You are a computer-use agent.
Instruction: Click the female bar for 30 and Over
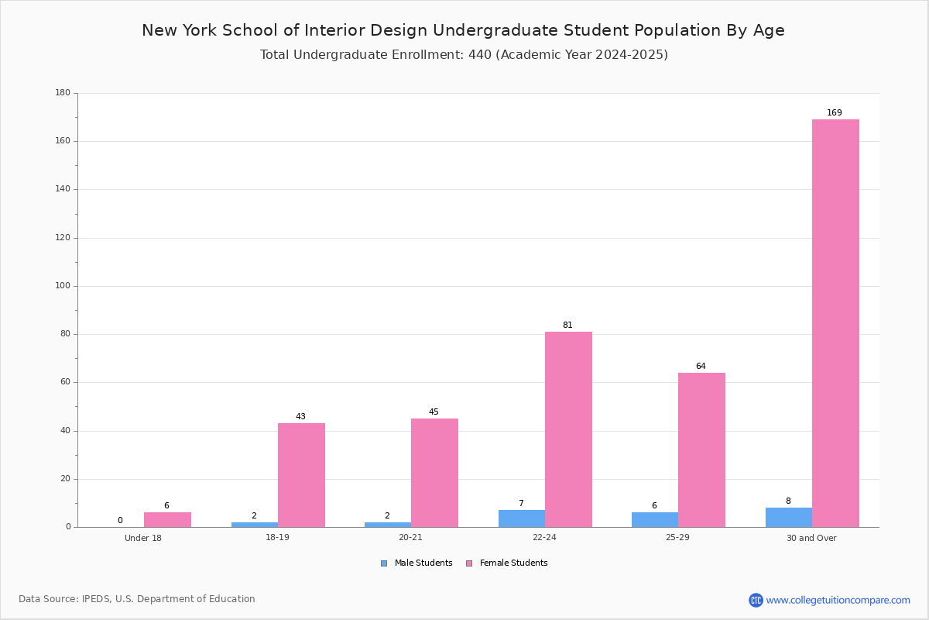(835, 323)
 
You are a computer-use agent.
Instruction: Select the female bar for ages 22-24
(568, 429)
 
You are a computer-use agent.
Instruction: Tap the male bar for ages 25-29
(655, 519)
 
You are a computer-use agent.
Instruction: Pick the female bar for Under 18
(167, 519)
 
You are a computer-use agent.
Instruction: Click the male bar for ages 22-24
(522, 518)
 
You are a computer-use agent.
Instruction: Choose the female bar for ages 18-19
(301, 475)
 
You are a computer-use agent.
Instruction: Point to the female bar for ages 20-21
(434, 473)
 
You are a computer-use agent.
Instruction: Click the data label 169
(835, 112)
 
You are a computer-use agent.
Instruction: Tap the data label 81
(567, 325)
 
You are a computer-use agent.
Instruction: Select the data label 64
(701, 366)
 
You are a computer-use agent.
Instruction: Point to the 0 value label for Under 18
(120, 520)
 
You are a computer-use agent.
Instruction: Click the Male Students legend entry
(417, 563)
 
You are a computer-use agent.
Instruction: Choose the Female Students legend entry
(507, 563)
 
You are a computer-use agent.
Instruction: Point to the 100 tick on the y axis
(63, 286)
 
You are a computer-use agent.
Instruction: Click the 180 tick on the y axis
(63, 92)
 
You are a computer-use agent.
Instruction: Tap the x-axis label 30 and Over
(811, 538)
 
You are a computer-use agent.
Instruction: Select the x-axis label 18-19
(277, 537)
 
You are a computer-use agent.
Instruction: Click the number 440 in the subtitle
(480, 54)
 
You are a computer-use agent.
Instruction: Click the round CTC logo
(756, 600)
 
